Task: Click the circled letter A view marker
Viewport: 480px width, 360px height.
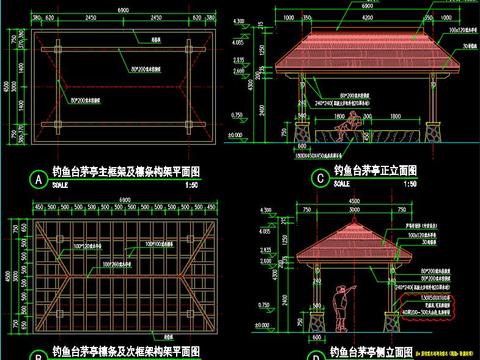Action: (38, 180)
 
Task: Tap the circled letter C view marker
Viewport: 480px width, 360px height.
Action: (319, 179)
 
